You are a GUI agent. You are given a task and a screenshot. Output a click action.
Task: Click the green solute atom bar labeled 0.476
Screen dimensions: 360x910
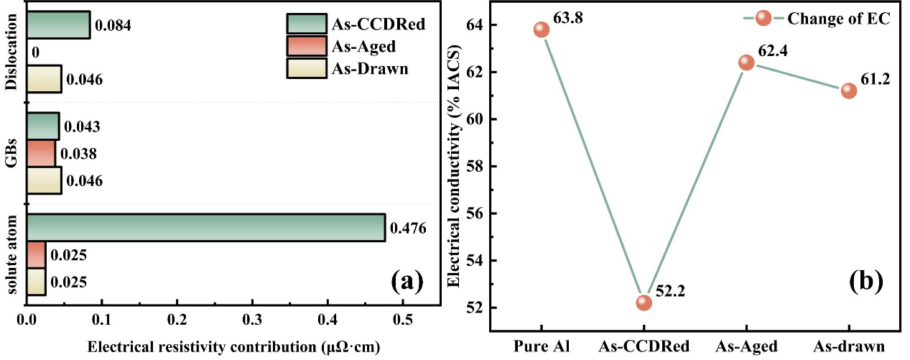(x=205, y=228)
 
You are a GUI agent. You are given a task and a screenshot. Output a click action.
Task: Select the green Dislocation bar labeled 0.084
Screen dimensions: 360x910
(x=58, y=25)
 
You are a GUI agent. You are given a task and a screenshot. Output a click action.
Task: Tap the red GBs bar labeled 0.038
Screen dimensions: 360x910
(x=41, y=153)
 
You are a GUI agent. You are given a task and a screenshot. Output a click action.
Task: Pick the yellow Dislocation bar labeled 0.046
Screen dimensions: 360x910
(x=45, y=79)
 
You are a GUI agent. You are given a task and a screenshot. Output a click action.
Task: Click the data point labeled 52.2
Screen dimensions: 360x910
(x=644, y=303)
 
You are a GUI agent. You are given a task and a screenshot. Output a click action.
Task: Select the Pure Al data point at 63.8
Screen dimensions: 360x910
(x=541, y=29)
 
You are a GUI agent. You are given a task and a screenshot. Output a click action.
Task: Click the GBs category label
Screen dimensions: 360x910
(x=11, y=153)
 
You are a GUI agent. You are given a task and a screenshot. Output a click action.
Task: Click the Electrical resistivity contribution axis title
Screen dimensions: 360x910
(x=233, y=346)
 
